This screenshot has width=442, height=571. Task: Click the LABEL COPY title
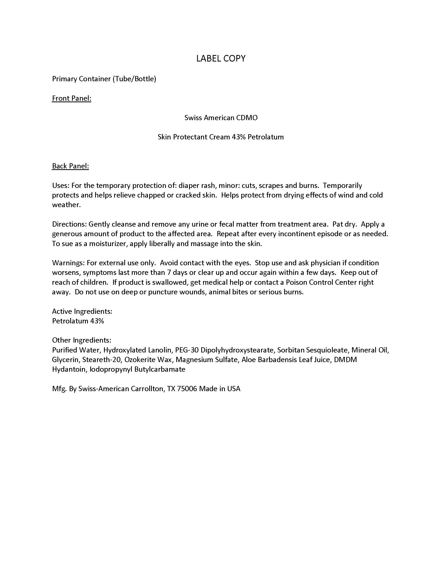[x=221, y=58]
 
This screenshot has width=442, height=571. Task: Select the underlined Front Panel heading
[x=71, y=98]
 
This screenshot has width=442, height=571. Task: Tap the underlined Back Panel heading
[x=70, y=166]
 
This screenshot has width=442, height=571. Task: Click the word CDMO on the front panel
[x=247, y=118]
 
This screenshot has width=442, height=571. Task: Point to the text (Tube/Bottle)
[x=134, y=79]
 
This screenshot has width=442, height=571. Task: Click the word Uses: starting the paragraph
[x=61, y=185]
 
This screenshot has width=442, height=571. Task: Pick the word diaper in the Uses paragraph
[x=188, y=185]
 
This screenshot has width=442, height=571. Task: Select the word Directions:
[x=69, y=224]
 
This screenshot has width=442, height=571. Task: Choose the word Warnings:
[x=68, y=263]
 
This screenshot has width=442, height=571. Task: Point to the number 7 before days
[x=169, y=273]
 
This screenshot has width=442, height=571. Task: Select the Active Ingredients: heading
[x=82, y=311]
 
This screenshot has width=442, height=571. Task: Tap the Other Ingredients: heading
[x=81, y=340]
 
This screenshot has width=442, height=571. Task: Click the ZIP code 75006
[x=187, y=389]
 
